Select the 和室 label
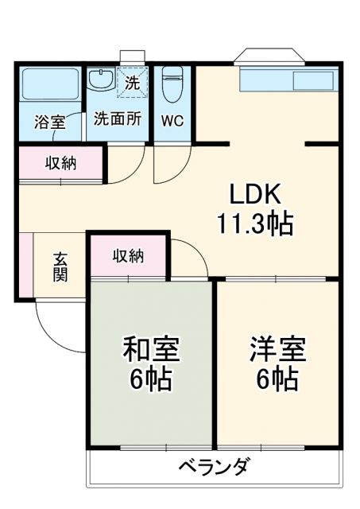[151, 350]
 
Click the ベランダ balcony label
[214, 466]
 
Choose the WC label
[173, 121]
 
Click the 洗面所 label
[118, 119]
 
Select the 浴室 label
[49, 122]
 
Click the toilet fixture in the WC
[172, 82]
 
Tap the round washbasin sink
[101, 80]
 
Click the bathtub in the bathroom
[48, 85]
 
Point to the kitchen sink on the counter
[315, 80]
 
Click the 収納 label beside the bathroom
[60, 164]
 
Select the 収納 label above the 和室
[128, 256]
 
